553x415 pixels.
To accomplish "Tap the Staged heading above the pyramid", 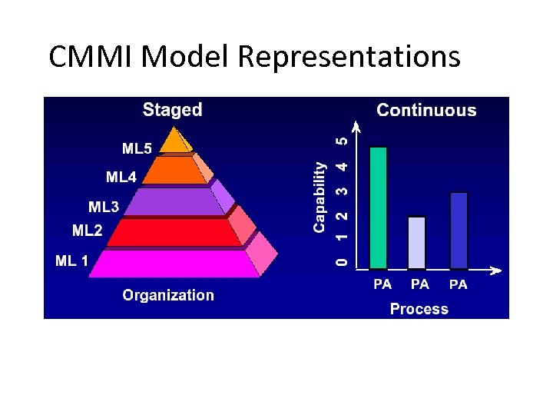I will click(x=172, y=110).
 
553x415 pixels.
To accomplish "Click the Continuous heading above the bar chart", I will click(x=426, y=111).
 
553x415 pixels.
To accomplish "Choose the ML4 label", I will click(x=121, y=178).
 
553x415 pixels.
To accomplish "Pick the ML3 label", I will click(x=104, y=207).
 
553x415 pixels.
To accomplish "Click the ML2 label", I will click(x=87, y=230).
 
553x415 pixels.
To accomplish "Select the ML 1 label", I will click(x=72, y=261).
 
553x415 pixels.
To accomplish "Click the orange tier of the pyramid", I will click(x=176, y=170).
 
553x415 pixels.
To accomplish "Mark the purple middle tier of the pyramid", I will click(x=174, y=201).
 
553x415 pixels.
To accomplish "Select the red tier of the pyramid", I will click(x=174, y=232).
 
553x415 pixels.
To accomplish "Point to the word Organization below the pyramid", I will click(x=168, y=295).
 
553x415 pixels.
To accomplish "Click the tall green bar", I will click(x=379, y=207).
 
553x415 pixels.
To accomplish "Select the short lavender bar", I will click(x=416, y=242).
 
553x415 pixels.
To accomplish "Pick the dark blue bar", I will click(x=459, y=231).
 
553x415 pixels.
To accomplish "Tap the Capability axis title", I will click(x=320, y=197).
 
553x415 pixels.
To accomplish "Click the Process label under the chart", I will click(x=419, y=309).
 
